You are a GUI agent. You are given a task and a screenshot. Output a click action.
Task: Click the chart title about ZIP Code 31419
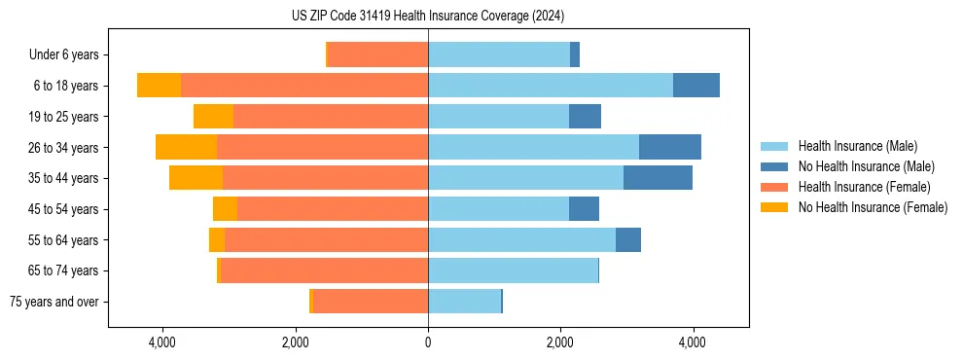[427, 16]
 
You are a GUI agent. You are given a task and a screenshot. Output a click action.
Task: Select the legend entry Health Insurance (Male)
[857, 146]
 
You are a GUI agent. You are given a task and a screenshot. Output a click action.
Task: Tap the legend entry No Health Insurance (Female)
[873, 207]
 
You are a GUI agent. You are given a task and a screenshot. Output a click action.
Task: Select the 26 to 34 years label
[64, 148]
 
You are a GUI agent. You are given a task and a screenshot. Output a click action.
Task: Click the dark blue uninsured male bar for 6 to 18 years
[696, 86]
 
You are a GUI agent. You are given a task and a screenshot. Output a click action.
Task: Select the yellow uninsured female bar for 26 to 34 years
[186, 147]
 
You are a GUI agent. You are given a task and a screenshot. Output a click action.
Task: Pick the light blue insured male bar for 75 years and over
[464, 302]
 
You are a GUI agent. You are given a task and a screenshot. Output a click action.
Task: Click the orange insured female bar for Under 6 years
[378, 54]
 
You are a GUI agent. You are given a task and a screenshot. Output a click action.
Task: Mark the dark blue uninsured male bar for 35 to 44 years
[658, 178]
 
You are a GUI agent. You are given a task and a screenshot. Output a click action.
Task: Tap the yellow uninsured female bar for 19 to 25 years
[213, 117]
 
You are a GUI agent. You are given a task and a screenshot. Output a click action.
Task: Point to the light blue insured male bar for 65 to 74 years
[513, 270]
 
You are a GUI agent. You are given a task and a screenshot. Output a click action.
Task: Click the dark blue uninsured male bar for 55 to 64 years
[628, 239]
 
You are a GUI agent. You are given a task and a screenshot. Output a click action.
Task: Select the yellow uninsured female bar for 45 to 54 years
[225, 209]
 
